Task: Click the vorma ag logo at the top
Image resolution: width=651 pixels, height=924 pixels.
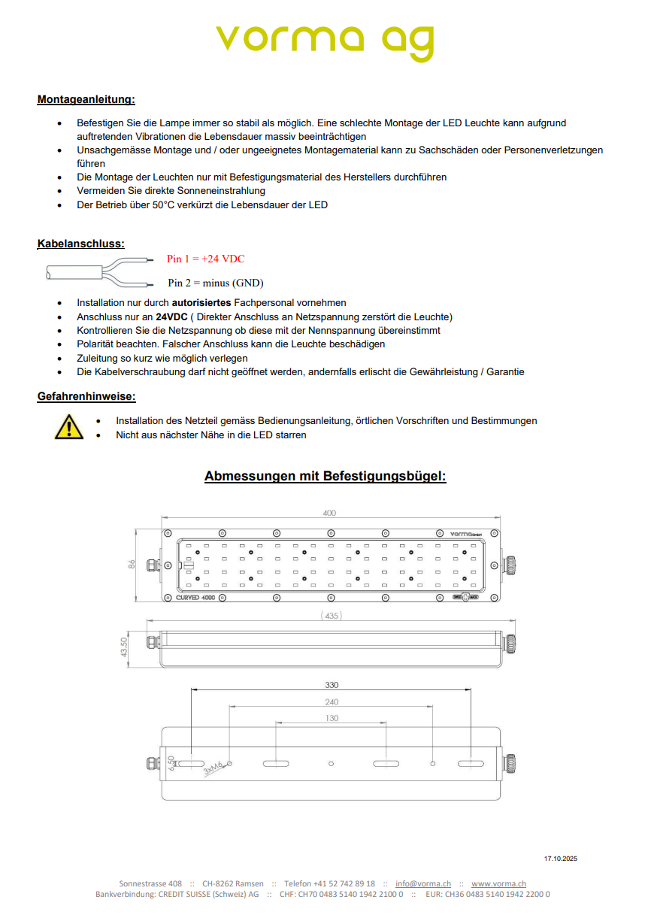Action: pyautogui.click(x=325, y=42)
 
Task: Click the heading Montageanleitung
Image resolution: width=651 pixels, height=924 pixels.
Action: pyautogui.click(x=86, y=99)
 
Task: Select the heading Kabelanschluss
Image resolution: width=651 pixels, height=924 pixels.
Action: pyautogui.click(x=81, y=244)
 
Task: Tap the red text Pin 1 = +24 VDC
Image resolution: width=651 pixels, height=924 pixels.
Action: pyautogui.click(x=205, y=259)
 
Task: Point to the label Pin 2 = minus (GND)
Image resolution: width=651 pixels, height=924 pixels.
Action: pyautogui.click(x=215, y=283)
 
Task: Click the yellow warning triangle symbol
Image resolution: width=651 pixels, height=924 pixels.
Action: pyautogui.click(x=69, y=426)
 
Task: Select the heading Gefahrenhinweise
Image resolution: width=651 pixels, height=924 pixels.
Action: pyautogui.click(x=86, y=396)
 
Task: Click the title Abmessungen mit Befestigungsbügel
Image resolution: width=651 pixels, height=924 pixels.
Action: pyautogui.click(x=325, y=477)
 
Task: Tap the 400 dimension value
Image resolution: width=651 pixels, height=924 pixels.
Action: pyautogui.click(x=329, y=514)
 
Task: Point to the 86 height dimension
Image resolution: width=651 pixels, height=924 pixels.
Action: pyautogui.click(x=132, y=564)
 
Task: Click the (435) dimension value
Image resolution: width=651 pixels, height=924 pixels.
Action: pyautogui.click(x=331, y=616)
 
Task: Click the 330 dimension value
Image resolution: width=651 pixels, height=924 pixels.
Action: pyautogui.click(x=332, y=685)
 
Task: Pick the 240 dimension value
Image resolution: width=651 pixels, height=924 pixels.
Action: pyautogui.click(x=332, y=702)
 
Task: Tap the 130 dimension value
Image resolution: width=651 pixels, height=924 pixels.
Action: pyautogui.click(x=332, y=719)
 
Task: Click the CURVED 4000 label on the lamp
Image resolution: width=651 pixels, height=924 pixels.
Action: pyautogui.click(x=195, y=597)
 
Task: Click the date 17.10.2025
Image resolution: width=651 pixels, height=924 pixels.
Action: pyautogui.click(x=560, y=859)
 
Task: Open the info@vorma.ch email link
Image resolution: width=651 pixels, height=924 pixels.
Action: pyautogui.click(x=423, y=883)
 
